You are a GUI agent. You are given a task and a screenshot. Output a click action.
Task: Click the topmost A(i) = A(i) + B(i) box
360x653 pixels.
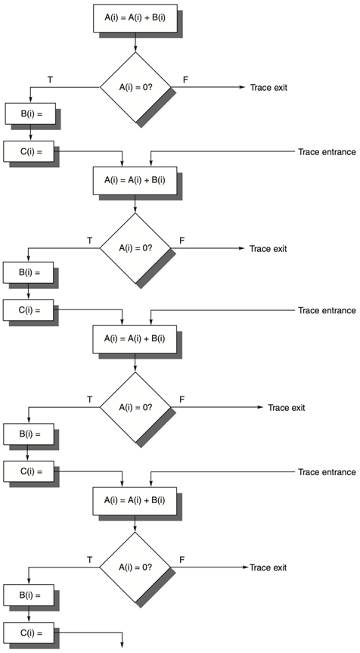click(135, 18)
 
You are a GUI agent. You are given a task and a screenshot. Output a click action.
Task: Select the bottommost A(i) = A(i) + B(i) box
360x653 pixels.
click(135, 500)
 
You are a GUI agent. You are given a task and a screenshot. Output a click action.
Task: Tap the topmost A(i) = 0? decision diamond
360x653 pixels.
click(135, 88)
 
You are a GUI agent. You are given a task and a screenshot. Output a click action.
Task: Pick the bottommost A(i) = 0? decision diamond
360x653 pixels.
click(135, 567)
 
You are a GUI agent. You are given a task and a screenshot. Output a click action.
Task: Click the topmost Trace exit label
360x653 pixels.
click(268, 88)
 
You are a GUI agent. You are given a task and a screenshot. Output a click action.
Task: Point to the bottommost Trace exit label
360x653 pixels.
click(268, 567)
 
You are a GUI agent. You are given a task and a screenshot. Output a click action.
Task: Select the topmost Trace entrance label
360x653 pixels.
click(327, 151)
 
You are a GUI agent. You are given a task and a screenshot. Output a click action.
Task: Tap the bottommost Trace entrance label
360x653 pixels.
click(327, 472)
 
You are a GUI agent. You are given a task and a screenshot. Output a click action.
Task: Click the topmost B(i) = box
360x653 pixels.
click(30, 113)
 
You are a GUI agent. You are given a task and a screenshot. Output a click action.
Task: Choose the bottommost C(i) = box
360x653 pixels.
click(29, 633)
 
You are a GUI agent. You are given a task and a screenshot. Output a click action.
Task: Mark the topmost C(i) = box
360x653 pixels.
click(29, 151)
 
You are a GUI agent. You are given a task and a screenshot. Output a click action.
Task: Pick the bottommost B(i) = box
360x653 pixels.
click(29, 595)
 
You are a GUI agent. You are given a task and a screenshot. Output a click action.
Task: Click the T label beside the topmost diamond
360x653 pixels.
click(50, 79)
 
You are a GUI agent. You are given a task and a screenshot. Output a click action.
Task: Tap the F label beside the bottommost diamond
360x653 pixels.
click(182, 560)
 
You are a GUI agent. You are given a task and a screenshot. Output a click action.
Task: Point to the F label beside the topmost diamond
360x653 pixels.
click(185, 79)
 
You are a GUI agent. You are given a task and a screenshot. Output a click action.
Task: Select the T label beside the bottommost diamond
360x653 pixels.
click(89, 560)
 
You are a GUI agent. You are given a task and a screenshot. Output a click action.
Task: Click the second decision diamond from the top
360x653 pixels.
click(135, 248)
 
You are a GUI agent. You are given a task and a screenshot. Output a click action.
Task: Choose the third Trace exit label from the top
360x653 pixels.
click(287, 407)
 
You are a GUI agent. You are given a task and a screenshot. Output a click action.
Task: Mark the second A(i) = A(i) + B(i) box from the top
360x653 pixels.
click(135, 180)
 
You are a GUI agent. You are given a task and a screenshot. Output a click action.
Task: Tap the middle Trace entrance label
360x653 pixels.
click(327, 310)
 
